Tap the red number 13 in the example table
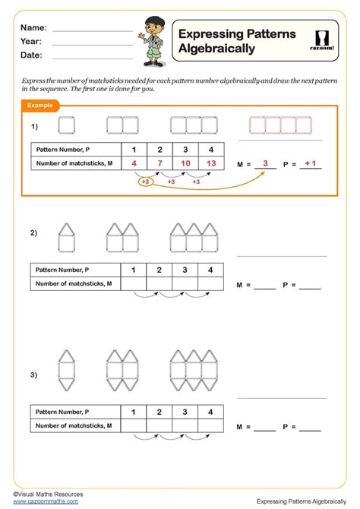click(x=211, y=163)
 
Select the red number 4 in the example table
click(x=134, y=163)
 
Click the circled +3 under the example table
click(x=145, y=182)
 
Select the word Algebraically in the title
click(x=216, y=49)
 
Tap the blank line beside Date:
click(x=93, y=57)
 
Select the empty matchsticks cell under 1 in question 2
click(x=134, y=284)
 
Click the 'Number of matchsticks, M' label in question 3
click(x=74, y=426)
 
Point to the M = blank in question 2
click(x=265, y=287)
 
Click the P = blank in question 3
click(x=311, y=429)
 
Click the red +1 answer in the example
click(x=310, y=163)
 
